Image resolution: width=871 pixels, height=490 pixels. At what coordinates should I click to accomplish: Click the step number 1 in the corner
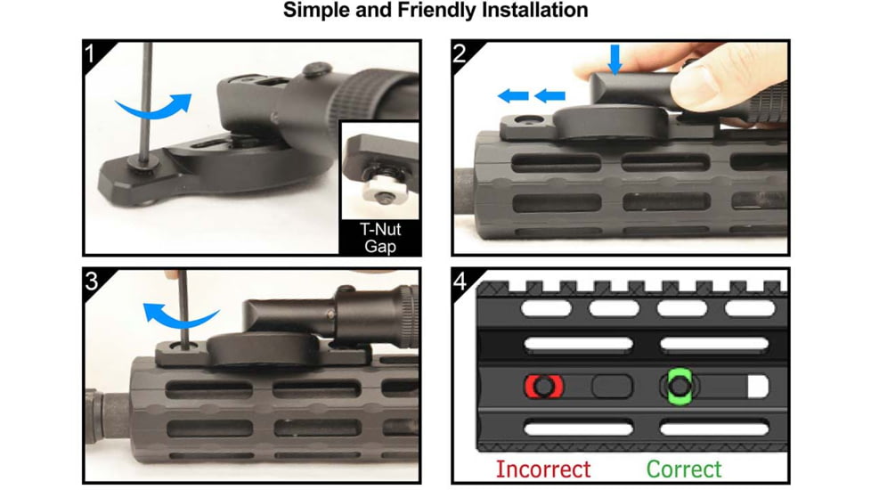coord(91,53)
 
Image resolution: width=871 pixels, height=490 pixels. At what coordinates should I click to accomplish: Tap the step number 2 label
coord(460,53)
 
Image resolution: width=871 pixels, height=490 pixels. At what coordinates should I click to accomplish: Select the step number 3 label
coord(92,282)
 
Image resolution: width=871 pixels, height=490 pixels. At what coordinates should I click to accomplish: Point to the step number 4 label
coord(460,282)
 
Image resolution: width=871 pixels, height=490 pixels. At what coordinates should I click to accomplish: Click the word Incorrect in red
coord(543,470)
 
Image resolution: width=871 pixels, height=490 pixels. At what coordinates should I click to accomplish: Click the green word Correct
coord(684,470)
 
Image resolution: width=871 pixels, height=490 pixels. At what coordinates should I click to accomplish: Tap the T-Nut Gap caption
coord(380,238)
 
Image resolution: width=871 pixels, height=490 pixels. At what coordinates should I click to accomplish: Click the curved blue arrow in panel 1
coord(153,109)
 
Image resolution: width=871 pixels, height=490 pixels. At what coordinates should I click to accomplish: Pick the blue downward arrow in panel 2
coord(615,60)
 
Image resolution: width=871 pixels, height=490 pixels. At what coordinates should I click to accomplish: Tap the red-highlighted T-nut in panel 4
coord(544,386)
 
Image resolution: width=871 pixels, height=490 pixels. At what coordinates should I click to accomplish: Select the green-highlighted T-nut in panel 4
coord(680,386)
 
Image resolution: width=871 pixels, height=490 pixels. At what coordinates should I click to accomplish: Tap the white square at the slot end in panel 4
coord(758,387)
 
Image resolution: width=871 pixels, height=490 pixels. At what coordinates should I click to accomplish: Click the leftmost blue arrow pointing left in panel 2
coord(513,96)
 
